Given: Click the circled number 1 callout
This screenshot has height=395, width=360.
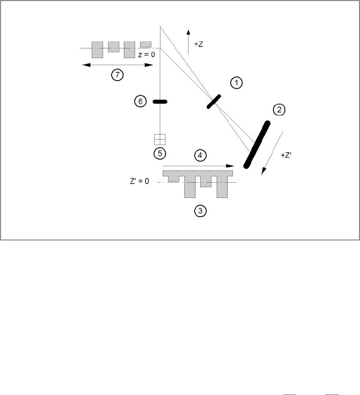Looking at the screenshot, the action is (237, 83).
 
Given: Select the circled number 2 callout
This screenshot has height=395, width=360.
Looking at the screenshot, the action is (279, 110).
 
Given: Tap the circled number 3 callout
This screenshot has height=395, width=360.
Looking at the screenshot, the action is (200, 211).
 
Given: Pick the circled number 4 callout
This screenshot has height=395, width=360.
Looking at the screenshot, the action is (200, 155).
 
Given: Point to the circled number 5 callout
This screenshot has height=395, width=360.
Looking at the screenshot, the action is (160, 153).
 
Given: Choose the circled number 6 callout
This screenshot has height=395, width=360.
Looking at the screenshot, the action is (141, 101).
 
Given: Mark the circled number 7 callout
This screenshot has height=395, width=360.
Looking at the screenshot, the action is (117, 75).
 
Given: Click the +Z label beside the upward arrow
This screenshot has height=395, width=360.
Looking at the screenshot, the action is (199, 44).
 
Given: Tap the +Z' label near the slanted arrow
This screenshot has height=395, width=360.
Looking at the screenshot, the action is (286, 156).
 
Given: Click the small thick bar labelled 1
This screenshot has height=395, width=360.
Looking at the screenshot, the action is (214, 102).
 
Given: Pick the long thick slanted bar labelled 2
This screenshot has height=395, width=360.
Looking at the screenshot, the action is (256, 144).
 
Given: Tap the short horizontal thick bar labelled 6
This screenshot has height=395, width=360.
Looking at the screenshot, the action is (160, 101).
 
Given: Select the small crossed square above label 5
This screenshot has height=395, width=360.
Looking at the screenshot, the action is (160, 140).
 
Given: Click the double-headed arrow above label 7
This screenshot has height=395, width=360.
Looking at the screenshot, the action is (117, 65).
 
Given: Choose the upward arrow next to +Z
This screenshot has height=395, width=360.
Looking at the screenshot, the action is (188, 42).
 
